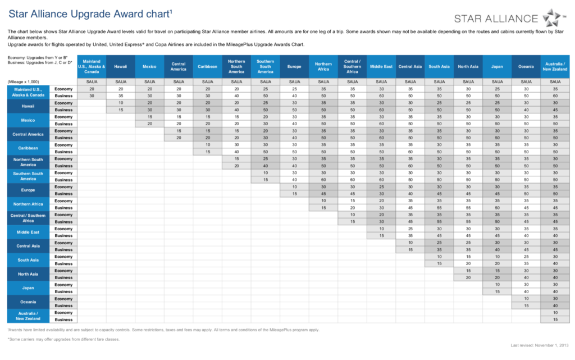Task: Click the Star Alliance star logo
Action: [x=551, y=17]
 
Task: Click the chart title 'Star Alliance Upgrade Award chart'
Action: [x=90, y=14]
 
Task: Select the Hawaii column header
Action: [x=120, y=66]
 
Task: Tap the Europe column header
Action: [x=294, y=66]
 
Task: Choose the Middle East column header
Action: [x=381, y=66]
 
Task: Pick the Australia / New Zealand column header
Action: [x=555, y=66]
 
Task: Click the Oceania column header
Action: [x=526, y=66]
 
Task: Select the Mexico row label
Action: [x=28, y=120]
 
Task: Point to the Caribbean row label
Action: [x=28, y=148]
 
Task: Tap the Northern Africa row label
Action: [x=28, y=204]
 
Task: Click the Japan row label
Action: [x=28, y=288]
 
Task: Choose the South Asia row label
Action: [x=28, y=260]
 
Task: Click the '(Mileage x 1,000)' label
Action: [x=23, y=82]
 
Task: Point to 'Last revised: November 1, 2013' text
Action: [x=540, y=345]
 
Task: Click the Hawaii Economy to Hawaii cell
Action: [x=121, y=103]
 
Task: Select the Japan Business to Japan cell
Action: [x=498, y=292]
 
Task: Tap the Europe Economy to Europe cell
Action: [x=294, y=187]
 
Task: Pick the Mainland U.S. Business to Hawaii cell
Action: [x=121, y=96]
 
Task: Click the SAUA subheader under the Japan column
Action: [x=498, y=82]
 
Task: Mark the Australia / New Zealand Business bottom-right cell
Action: [x=555, y=320]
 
